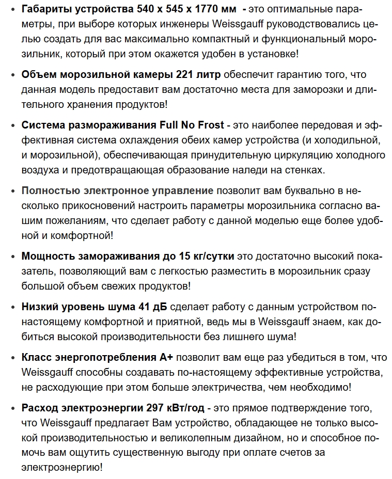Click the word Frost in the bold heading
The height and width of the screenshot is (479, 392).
(x=209, y=125)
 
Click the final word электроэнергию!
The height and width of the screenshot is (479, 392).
(x=62, y=467)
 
